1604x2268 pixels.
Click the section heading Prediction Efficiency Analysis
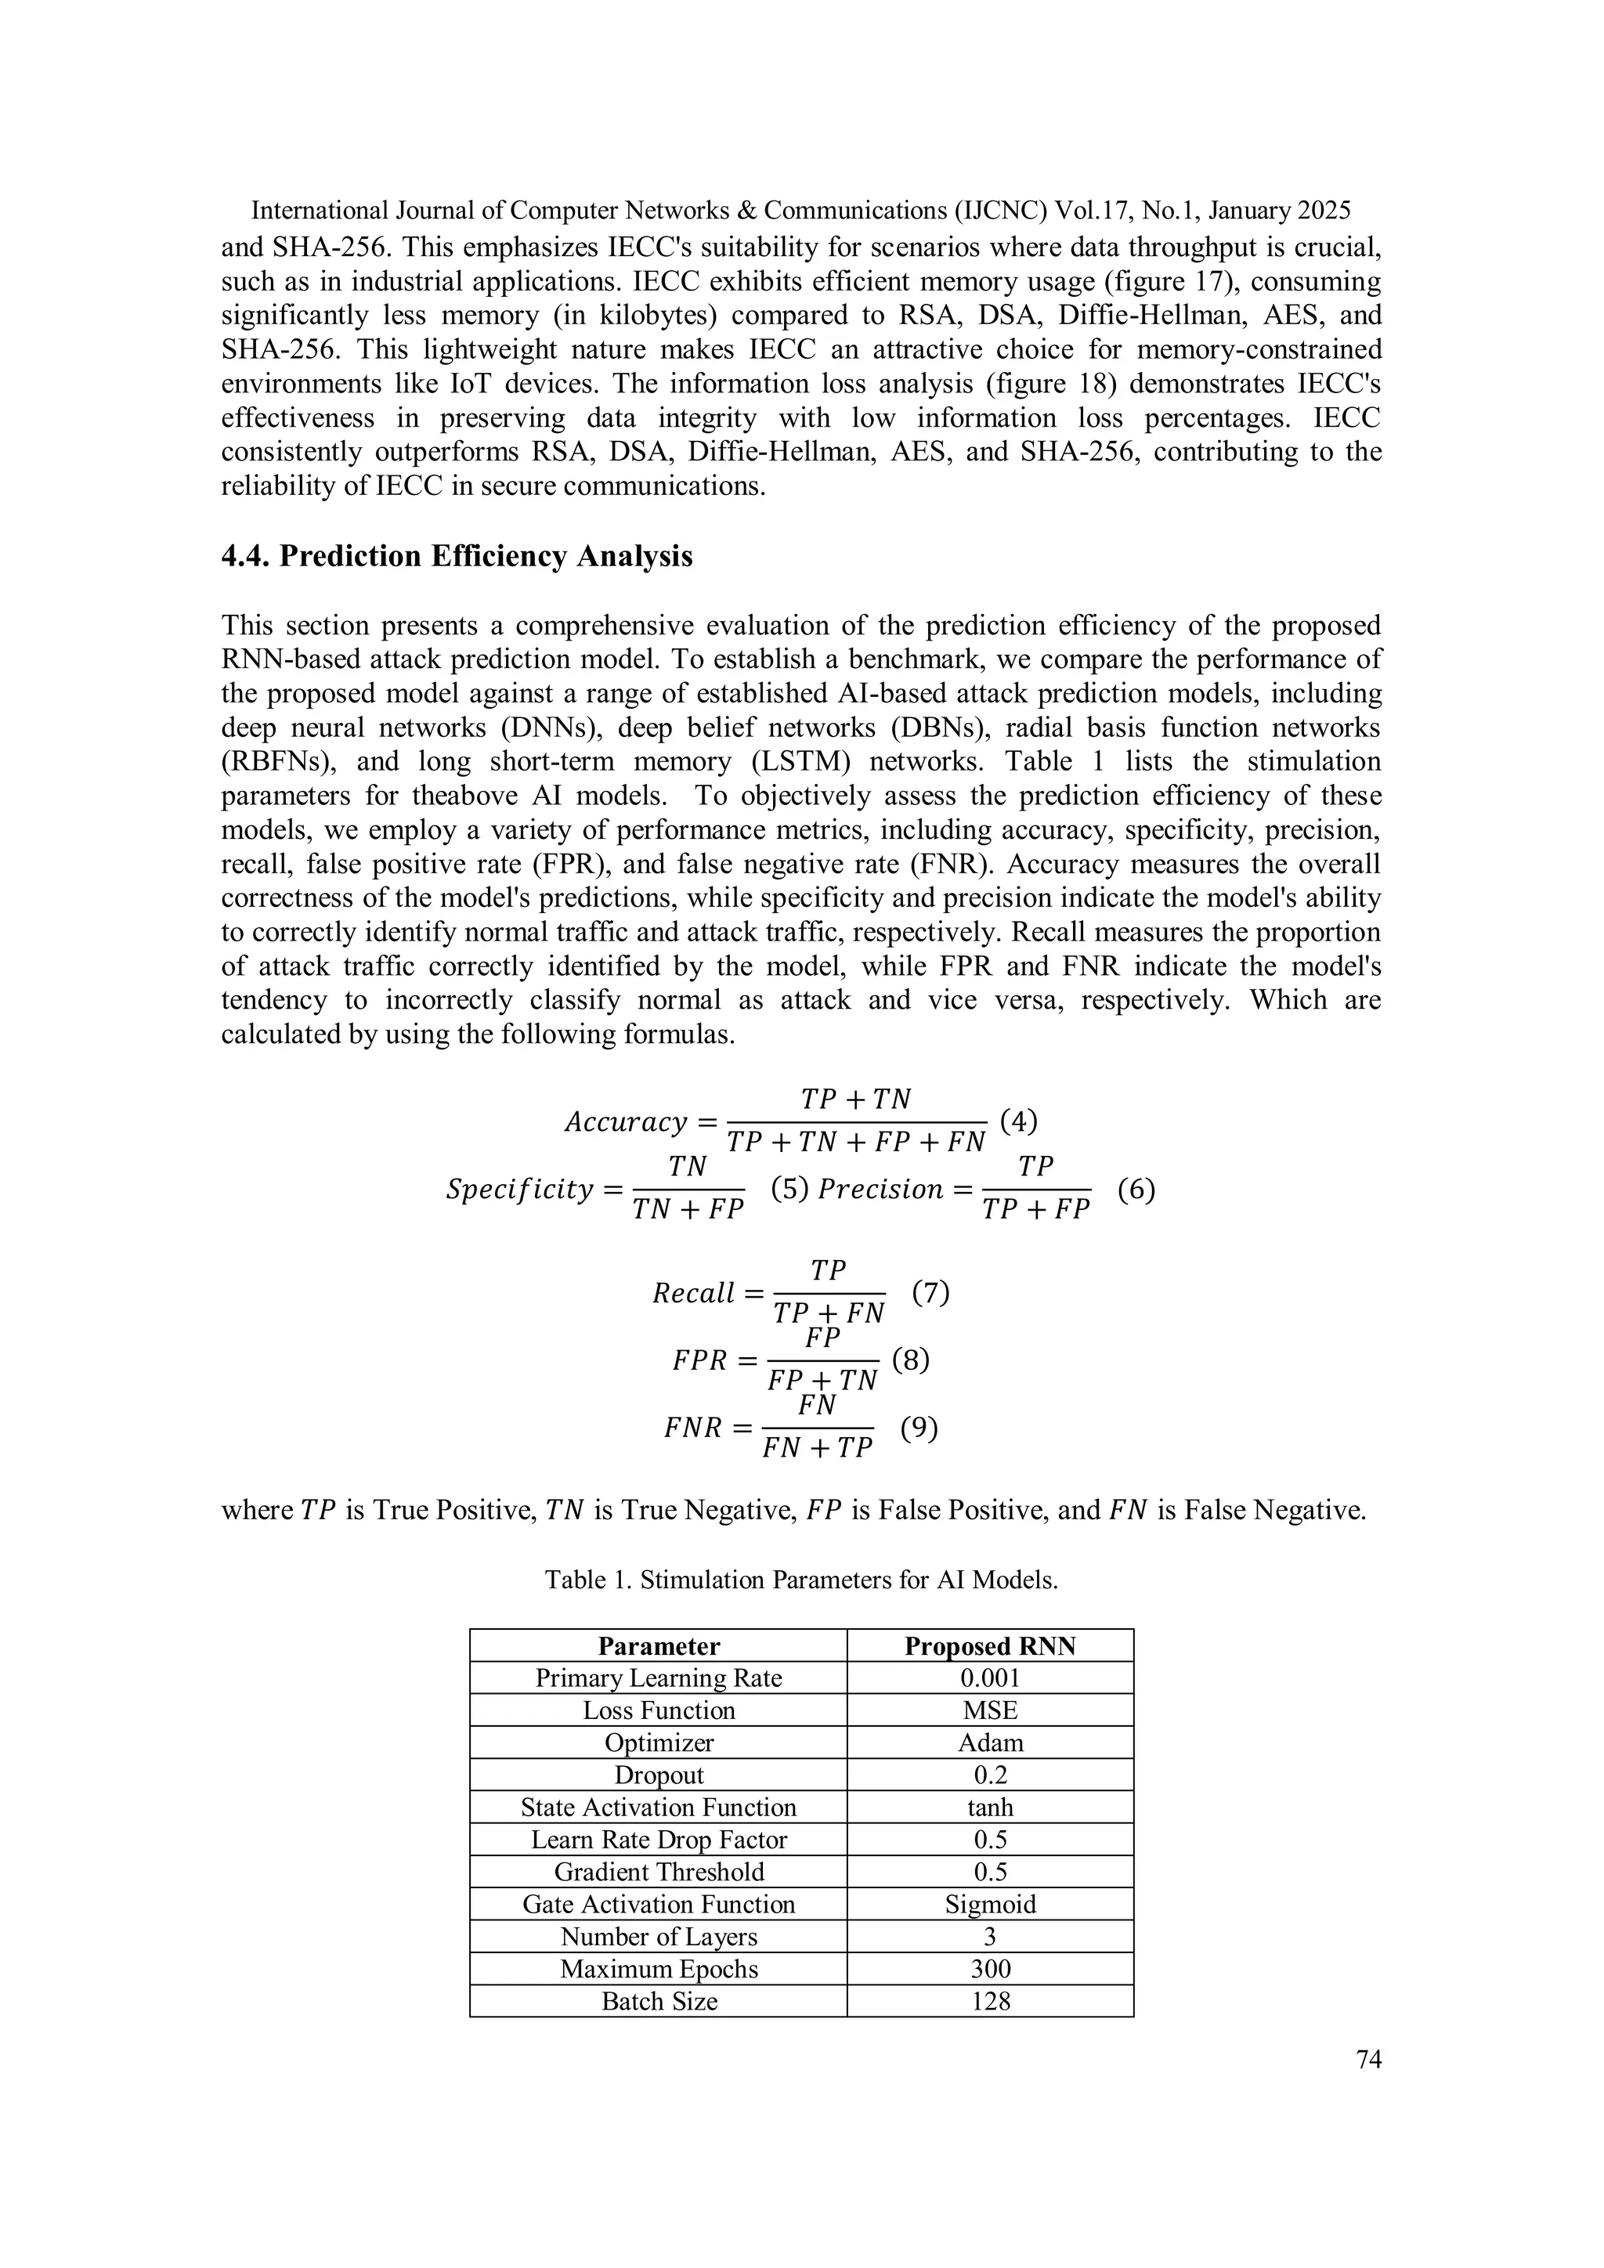(457, 556)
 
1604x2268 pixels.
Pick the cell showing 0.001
(990, 1678)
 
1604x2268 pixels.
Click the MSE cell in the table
(990, 1711)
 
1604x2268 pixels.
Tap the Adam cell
(990, 1743)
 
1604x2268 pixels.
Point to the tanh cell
(990, 1808)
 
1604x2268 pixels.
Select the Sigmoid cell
(990, 1905)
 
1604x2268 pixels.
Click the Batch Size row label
(659, 2001)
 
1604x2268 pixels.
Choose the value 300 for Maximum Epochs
(990, 1969)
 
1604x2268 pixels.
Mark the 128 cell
(990, 2001)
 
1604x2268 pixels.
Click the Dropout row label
(659, 1775)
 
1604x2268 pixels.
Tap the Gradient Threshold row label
(659, 1872)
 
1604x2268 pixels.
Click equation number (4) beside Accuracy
(1018, 1121)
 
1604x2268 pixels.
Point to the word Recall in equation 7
(693, 1293)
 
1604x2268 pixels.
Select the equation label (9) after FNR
(919, 1428)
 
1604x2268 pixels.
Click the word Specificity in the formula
(518, 1190)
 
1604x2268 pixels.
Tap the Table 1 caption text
(801, 1580)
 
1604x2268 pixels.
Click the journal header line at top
(801, 211)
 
